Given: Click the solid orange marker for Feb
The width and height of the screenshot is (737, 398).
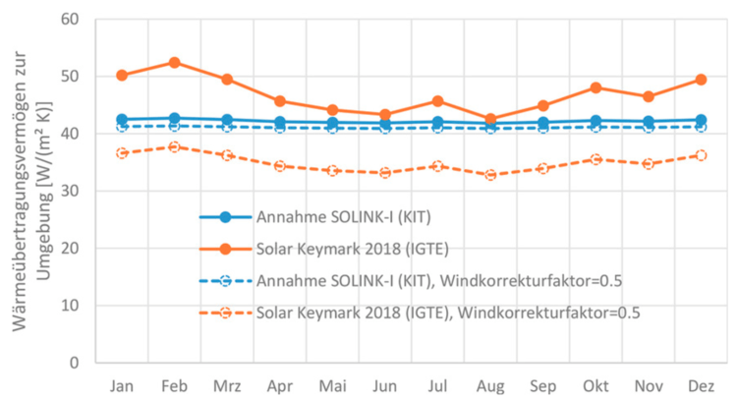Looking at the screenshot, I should click(174, 62).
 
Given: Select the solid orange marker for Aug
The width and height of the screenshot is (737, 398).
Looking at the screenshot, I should click(490, 119).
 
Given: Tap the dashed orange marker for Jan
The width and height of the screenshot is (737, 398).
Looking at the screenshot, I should click(122, 153).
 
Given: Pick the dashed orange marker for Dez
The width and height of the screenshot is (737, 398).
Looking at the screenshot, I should click(702, 155).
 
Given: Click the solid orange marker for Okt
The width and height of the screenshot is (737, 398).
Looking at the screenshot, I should click(595, 87).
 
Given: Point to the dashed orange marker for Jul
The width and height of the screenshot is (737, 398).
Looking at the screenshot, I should click(438, 166).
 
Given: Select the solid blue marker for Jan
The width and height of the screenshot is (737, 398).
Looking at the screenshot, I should click(122, 120).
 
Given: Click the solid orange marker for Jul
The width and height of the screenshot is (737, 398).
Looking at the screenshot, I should click(438, 100).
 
